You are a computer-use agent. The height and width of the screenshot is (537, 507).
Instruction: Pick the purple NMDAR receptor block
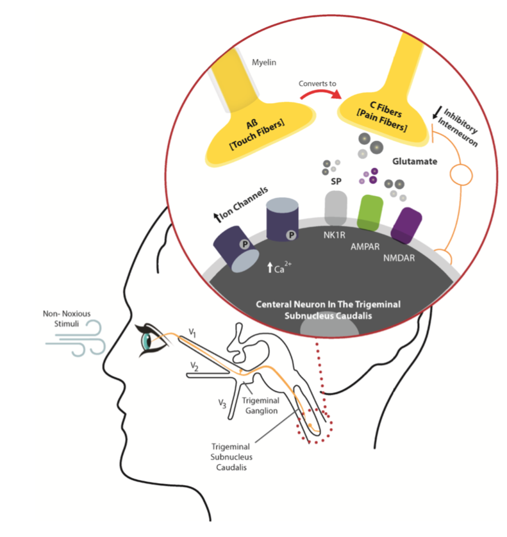click(406, 225)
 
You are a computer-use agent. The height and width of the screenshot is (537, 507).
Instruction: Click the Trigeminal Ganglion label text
click(262, 406)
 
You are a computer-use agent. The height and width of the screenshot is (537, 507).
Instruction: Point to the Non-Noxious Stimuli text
click(64, 319)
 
